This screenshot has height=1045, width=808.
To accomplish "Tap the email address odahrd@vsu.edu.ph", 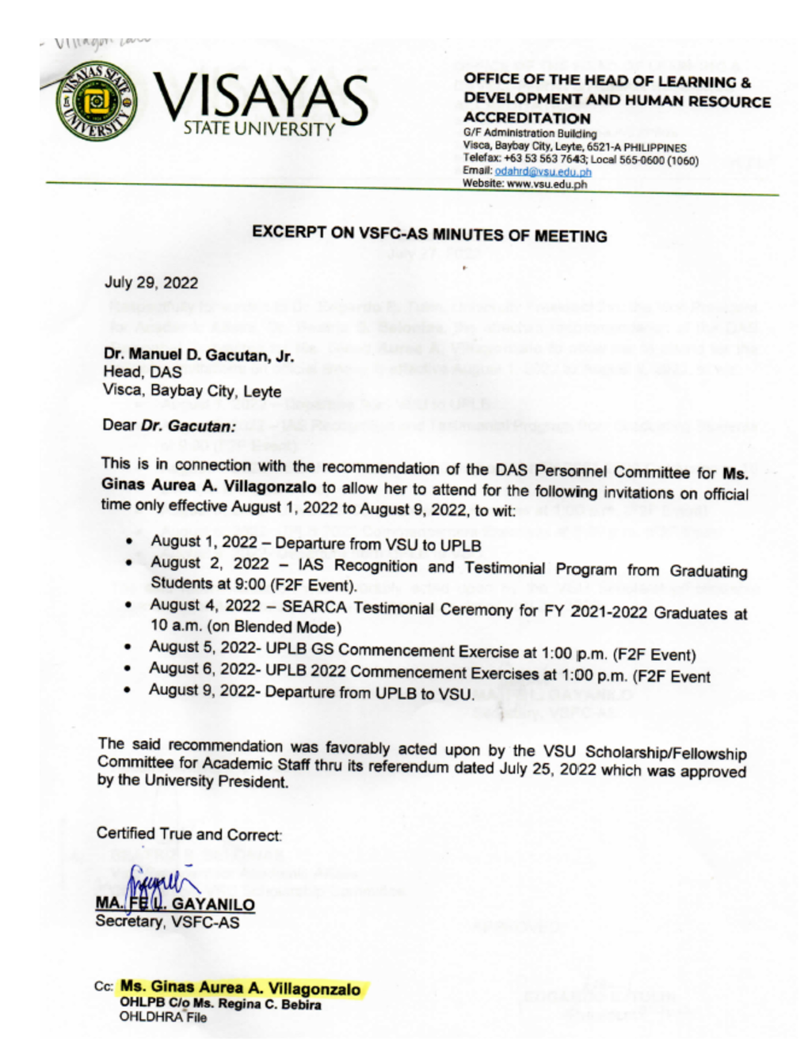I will tap(543, 171).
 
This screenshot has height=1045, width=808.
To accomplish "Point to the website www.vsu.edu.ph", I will tap(547, 184).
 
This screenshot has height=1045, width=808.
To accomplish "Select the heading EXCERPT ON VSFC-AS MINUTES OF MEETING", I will tap(429, 234).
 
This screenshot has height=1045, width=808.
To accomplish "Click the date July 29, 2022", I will tap(151, 283).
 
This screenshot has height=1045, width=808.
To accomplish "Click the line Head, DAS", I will tap(142, 372).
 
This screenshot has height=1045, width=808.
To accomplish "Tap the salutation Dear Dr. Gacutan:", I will tap(169, 425).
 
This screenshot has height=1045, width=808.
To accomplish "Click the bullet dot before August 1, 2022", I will tap(129, 542).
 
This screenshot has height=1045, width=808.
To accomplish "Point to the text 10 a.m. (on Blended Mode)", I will tap(246, 627).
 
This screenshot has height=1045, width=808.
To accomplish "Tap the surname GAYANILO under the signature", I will tap(213, 904).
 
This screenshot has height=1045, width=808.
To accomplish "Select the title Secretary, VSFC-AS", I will tap(167, 922).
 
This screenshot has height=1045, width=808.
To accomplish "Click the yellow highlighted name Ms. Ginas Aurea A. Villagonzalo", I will tap(240, 988).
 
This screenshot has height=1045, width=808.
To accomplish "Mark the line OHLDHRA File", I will tap(162, 1018).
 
